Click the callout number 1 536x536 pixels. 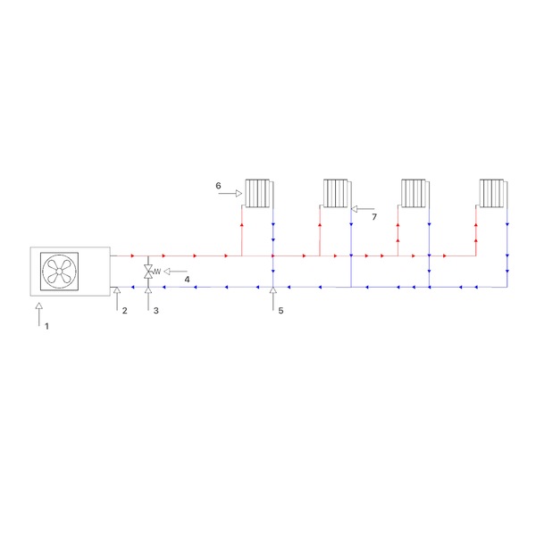tap(46, 326)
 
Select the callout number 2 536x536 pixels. tap(125, 310)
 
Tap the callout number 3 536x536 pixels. tap(155, 310)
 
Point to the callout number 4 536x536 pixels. tap(187, 280)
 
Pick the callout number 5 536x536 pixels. tap(281, 310)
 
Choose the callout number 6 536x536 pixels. tap(218, 186)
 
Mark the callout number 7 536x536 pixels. tap(374, 217)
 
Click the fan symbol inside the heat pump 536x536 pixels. tap(59, 272)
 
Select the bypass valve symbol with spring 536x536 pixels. tap(152, 272)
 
